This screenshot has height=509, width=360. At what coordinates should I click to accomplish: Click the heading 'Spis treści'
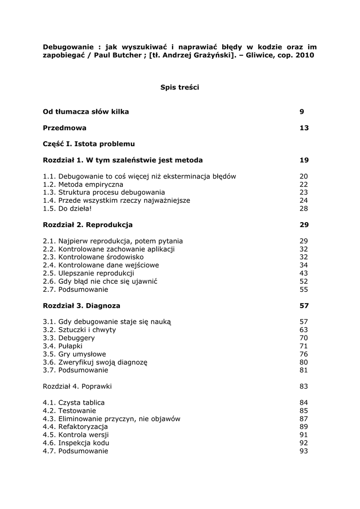pos(180,87)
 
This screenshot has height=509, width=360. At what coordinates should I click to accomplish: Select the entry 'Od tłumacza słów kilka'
pos(86,112)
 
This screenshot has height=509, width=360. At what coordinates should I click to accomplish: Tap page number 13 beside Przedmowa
pos(304,128)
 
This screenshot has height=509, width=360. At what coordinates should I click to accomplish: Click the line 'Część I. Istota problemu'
pos(89,144)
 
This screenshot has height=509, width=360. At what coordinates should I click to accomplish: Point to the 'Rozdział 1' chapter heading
pos(122,160)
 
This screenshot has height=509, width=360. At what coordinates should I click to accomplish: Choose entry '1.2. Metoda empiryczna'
pos(83,184)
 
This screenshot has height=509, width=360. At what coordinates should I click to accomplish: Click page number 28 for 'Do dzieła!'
pos(304,208)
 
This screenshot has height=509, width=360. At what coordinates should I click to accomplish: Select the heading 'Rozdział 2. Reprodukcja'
pos(88,225)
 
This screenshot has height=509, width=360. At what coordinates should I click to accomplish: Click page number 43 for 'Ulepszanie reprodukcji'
pos(304,273)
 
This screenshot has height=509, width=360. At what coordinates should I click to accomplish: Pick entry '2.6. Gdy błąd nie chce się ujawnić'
pos(100,281)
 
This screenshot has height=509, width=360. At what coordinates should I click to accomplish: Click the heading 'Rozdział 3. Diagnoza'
pos(82,306)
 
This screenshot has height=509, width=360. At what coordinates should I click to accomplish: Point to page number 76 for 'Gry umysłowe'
pos(304,354)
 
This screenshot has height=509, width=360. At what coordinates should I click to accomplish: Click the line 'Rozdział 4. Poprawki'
pos(77,386)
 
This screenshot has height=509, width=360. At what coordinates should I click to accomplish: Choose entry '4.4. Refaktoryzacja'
pos(75,427)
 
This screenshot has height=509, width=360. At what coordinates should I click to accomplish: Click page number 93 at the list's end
pos(304,451)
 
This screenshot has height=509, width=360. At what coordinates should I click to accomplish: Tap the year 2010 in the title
pos(305,56)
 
